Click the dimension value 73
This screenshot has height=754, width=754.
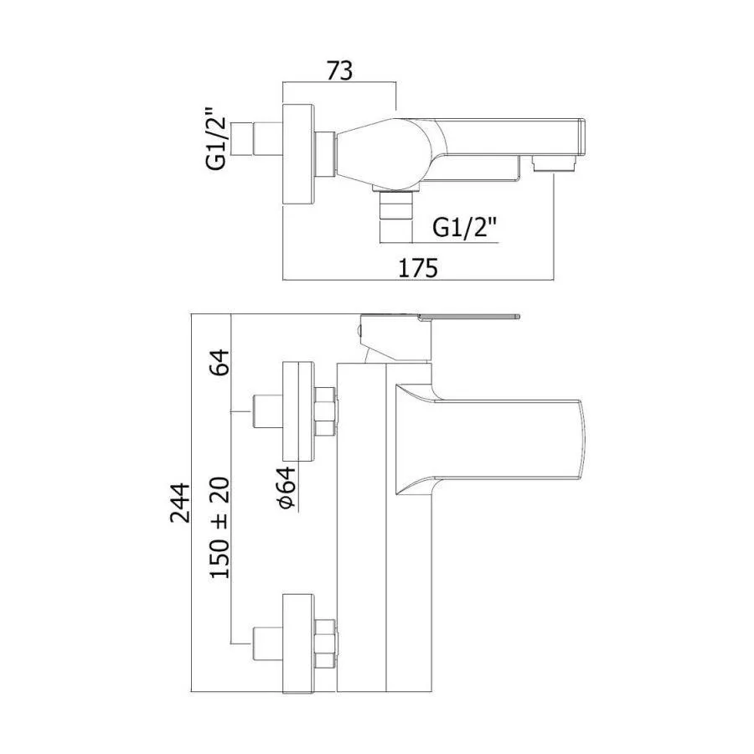coord(339,70)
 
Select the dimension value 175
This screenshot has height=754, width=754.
coord(418,268)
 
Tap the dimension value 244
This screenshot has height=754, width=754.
coord(181,503)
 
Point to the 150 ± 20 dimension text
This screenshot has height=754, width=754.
coord(219,528)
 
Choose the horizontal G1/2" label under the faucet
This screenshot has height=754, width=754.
coord(464,227)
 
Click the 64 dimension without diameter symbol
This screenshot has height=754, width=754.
coord(219,362)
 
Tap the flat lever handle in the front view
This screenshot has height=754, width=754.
coord(469,317)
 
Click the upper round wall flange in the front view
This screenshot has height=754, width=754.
coord(298,412)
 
